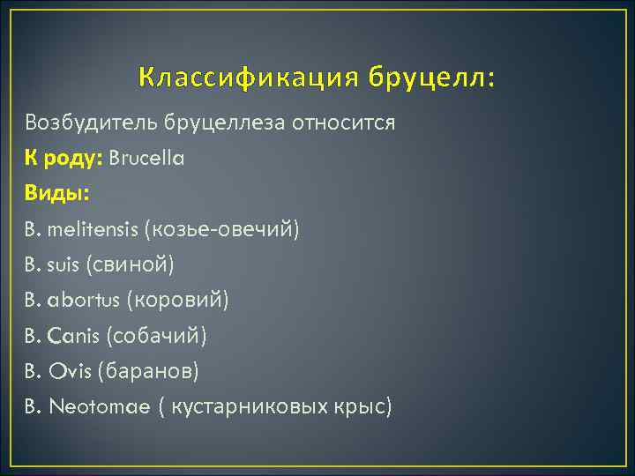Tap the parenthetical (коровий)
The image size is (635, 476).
coord(177,301)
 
